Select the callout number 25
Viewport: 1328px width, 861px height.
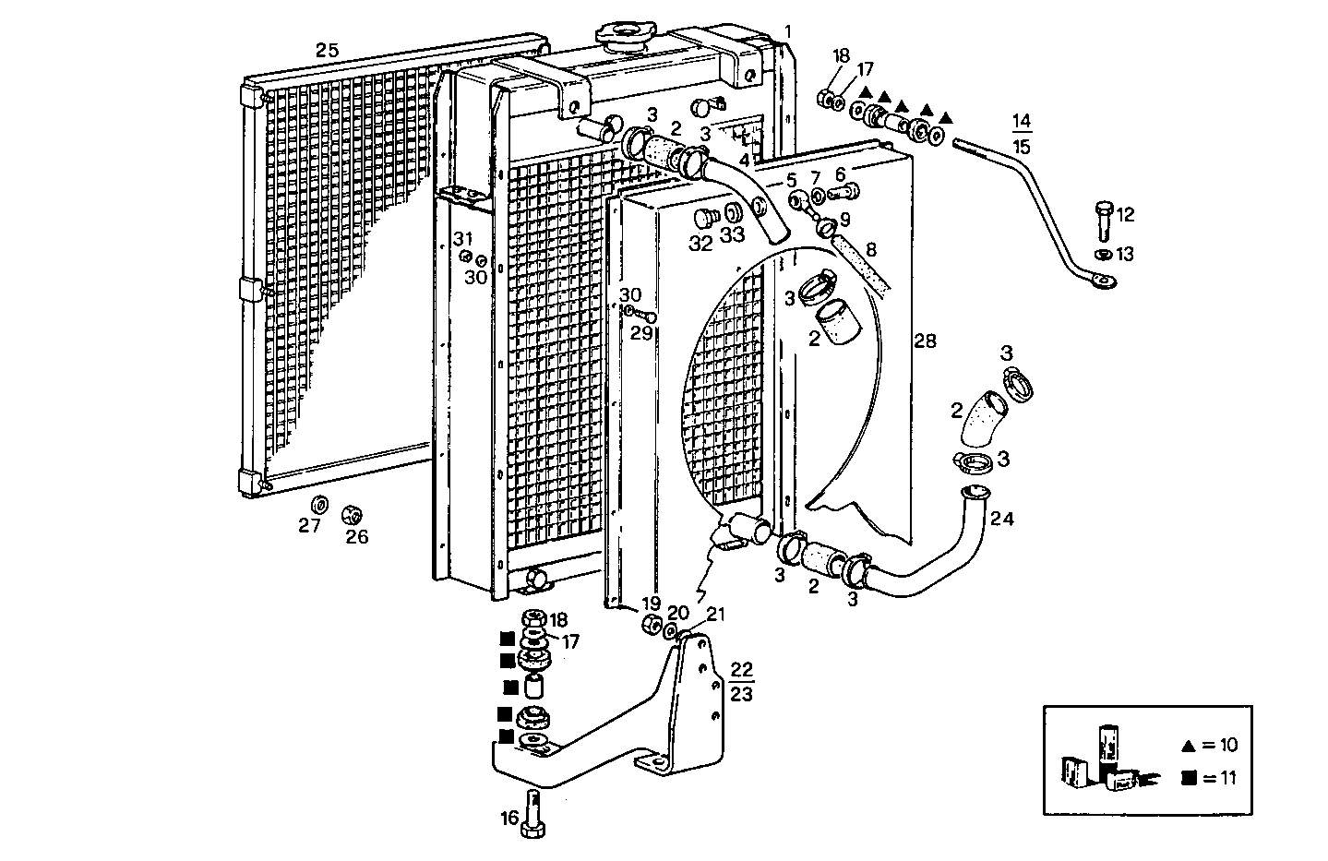(x=327, y=51)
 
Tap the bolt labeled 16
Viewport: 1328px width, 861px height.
(x=532, y=813)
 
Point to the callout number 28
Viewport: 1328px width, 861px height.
(x=925, y=341)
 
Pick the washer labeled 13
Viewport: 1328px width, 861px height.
(x=1103, y=254)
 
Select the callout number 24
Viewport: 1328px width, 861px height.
(x=1001, y=520)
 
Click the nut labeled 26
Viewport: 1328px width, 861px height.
(x=353, y=514)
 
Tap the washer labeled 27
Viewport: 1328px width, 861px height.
(x=319, y=505)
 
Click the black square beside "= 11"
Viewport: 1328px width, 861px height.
(x=1189, y=778)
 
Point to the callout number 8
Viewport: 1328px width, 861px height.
(x=870, y=249)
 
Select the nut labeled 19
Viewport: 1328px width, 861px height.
(x=651, y=625)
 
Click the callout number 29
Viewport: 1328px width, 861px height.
(x=641, y=332)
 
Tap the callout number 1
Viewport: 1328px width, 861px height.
(x=787, y=31)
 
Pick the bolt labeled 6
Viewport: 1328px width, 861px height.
(x=843, y=193)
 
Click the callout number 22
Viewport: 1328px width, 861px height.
(x=741, y=668)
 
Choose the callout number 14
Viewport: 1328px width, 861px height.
(x=1021, y=121)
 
